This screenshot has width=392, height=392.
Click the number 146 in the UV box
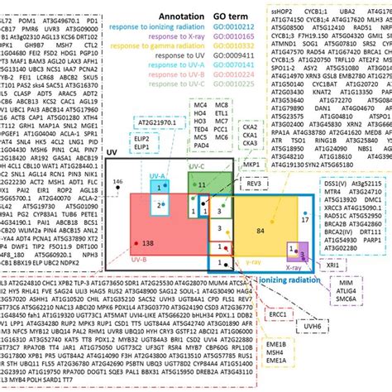point(117,158)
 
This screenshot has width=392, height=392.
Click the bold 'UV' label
point(112,131)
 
